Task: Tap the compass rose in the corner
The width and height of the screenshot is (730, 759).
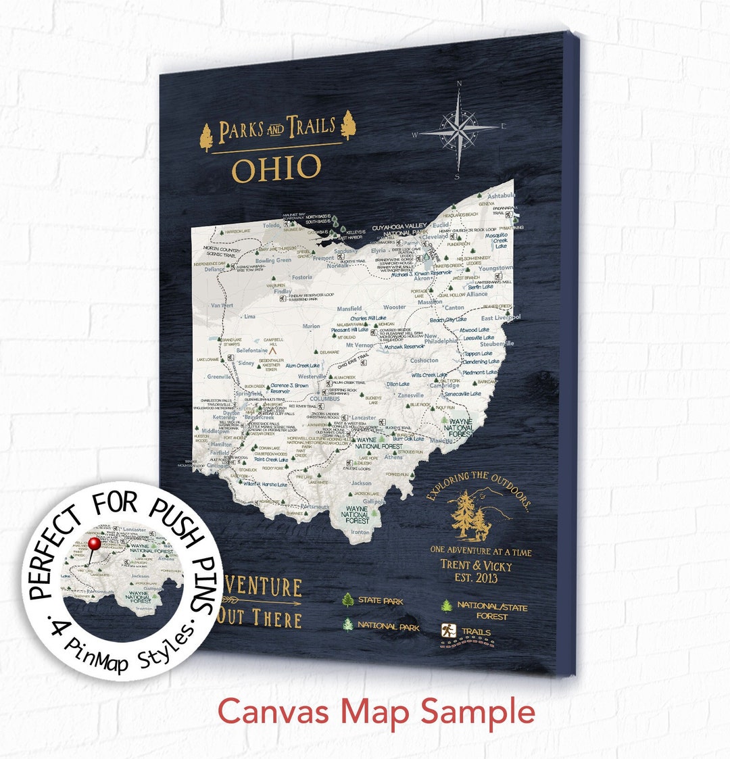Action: (459, 128)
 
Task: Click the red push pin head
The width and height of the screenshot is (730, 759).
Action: (94, 543)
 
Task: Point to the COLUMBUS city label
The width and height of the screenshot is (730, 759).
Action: (324, 399)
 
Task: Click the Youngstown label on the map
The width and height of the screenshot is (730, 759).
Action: (495, 268)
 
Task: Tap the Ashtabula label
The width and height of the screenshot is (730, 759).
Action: (501, 195)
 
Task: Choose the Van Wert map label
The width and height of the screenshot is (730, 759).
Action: (222, 305)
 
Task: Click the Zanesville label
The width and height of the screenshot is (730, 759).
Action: (410, 395)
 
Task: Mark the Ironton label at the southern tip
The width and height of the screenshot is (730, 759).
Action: (360, 533)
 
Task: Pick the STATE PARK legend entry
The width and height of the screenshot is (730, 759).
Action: (380, 600)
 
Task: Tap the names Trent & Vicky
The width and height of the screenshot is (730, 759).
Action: (476, 566)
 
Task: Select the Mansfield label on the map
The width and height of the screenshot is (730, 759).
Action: (349, 309)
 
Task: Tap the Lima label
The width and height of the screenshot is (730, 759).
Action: (249, 316)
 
